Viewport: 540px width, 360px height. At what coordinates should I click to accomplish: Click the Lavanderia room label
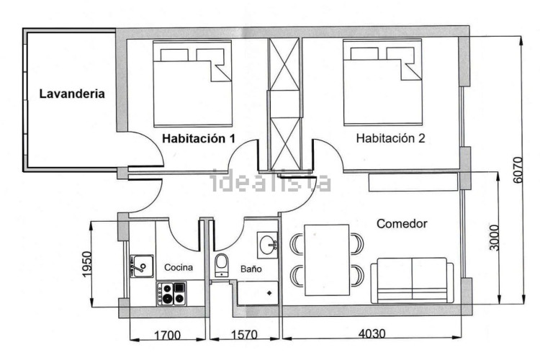(72, 94)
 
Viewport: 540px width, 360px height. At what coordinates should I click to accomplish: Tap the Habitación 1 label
(199, 138)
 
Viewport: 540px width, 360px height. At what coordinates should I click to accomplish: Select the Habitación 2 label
(390, 138)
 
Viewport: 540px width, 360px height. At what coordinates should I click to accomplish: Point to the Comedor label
(402, 224)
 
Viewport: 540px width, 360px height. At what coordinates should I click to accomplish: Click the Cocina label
(179, 267)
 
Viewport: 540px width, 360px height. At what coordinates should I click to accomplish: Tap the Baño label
(251, 269)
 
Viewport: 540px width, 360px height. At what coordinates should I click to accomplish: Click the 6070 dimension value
(518, 170)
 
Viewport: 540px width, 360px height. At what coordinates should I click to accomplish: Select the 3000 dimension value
(494, 238)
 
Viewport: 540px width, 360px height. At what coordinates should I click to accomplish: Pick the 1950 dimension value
(87, 264)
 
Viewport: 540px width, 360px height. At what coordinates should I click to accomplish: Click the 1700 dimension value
(167, 335)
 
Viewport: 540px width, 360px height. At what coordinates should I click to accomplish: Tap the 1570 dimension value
(244, 335)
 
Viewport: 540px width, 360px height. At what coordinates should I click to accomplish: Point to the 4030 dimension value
(372, 333)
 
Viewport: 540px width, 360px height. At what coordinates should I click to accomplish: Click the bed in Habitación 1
(192, 84)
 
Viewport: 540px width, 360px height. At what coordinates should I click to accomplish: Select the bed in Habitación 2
(382, 82)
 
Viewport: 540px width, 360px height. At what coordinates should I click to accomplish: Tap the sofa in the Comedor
(413, 280)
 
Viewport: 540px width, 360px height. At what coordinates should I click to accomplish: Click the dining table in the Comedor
(327, 260)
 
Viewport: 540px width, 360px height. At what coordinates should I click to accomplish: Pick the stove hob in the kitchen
(171, 294)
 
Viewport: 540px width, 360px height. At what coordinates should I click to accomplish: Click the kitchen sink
(142, 266)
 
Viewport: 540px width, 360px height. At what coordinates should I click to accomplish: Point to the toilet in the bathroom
(221, 265)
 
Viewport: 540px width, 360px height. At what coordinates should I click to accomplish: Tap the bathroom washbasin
(267, 246)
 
